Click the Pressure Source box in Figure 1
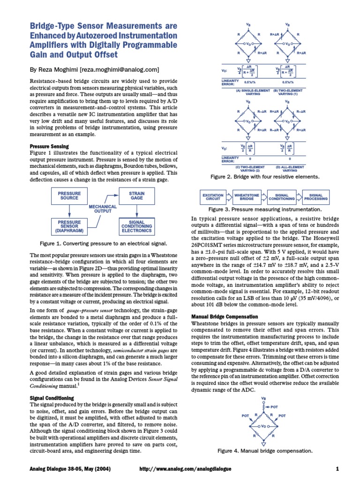pyautogui.click(x=69, y=196)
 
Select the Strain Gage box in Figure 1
pyautogui.click(x=137, y=196)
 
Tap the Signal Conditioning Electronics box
pyautogui.click(x=137, y=226)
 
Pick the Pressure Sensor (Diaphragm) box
pyautogui.click(x=69, y=226)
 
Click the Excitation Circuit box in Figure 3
pyautogui.click(x=210, y=196)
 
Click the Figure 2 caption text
pyautogui.click(x=265, y=177)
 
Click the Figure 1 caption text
pyautogui.click(x=104, y=244)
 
